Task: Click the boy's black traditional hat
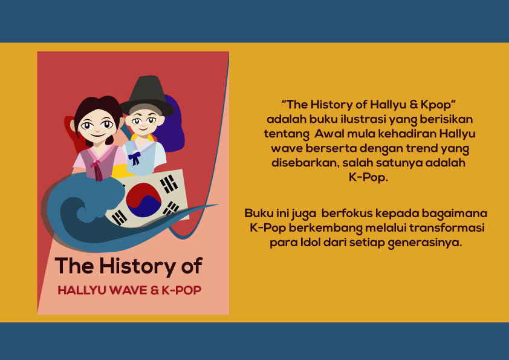tap(148, 96)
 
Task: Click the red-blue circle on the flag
tap(143, 200)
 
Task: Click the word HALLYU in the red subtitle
tap(82, 290)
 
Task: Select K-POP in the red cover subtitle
tap(181, 290)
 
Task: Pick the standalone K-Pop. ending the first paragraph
tap(368, 177)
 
